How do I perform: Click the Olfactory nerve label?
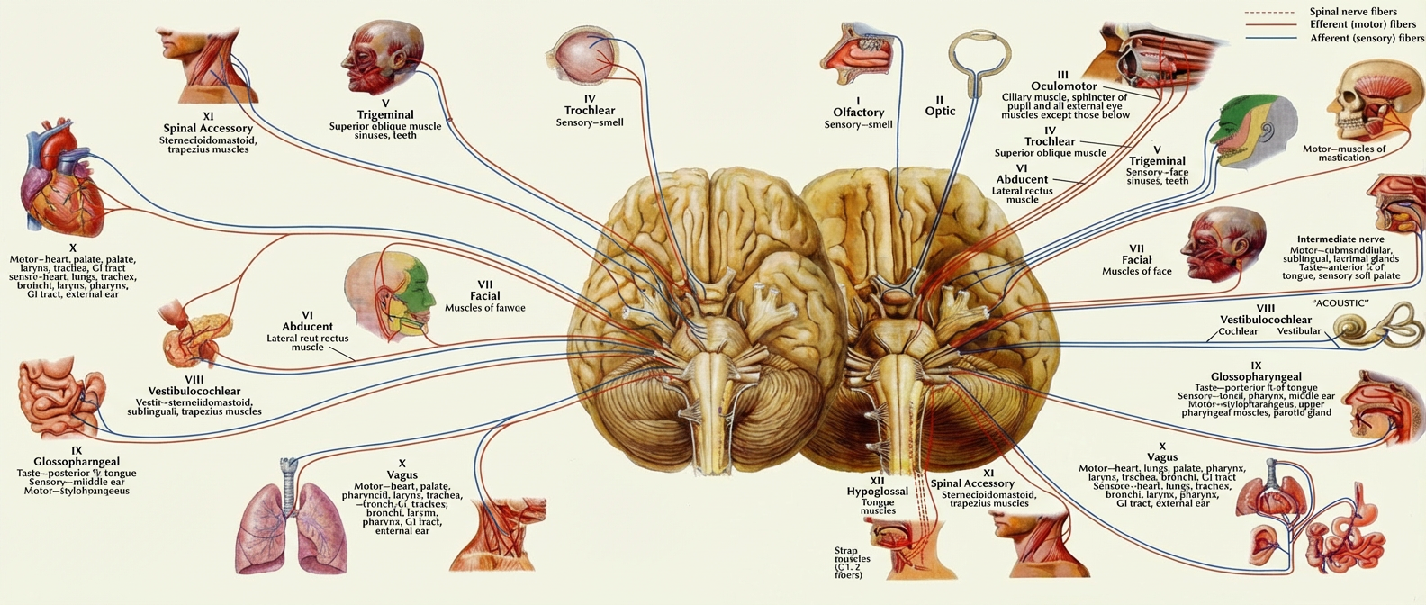pyautogui.click(x=858, y=113)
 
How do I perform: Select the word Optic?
pyautogui.click(x=940, y=111)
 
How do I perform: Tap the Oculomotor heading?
pyautogui.click(x=1063, y=86)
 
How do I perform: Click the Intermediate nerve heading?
pyautogui.click(x=1345, y=240)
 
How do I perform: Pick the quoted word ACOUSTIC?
pyautogui.click(x=1340, y=303)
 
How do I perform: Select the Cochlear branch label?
pyautogui.click(x=1238, y=331)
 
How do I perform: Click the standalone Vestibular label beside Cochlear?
pyautogui.click(x=1299, y=331)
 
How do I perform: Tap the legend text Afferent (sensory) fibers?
pyautogui.click(x=1366, y=39)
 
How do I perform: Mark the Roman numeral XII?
pyautogui.click(x=877, y=481)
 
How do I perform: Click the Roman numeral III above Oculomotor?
pyautogui.click(x=1062, y=75)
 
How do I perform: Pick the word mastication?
pyautogui.click(x=1344, y=158)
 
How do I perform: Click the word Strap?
pyautogui.click(x=845, y=550)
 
